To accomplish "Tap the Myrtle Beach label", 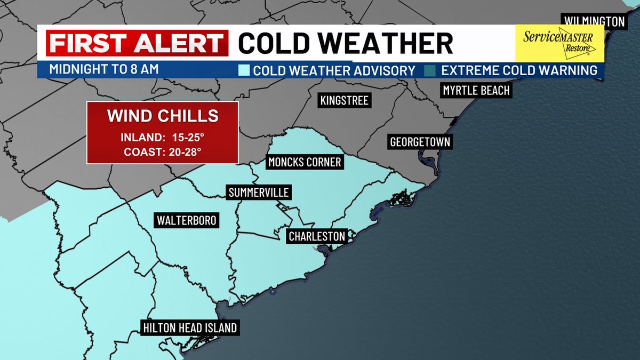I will [x=476, y=90].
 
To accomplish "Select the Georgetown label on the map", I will [x=420, y=142].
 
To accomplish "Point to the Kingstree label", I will [x=344, y=100].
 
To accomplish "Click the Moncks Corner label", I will [x=304, y=162].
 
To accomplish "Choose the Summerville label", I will [x=259, y=193].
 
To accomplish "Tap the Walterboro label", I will [x=187, y=220].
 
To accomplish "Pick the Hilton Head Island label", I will [x=189, y=327].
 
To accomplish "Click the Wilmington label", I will [x=592, y=21].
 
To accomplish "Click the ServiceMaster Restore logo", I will [x=559, y=43].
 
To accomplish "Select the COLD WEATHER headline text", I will [x=345, y=43].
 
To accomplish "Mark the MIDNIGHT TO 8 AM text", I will [x=104, y=69].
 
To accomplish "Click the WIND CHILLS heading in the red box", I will [x=163, y=116].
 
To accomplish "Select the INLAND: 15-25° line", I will [x=163, y=138].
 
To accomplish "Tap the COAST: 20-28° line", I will [x=163, y=152].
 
